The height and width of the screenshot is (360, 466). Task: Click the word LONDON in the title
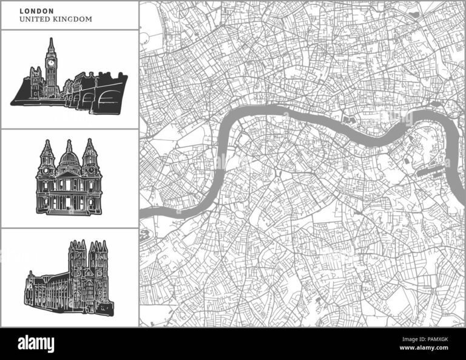37,10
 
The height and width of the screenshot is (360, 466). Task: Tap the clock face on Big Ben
51,61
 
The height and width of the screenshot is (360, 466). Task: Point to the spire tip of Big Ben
51,39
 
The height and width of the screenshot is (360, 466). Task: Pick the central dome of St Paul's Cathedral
69,160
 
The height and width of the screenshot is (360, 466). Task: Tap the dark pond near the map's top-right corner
414,13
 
